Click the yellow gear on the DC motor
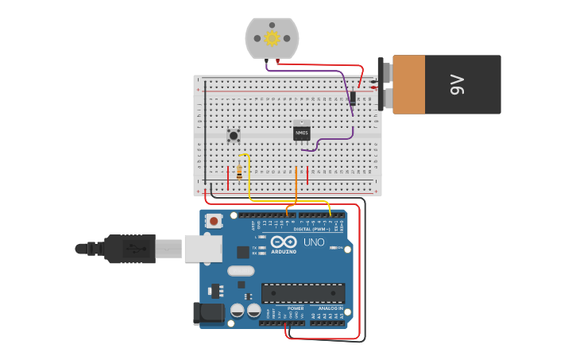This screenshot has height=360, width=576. (x=272, y=38)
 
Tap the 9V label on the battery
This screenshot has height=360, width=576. (x=456, y=84)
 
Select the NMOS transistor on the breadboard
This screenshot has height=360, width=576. (x=301, y=132)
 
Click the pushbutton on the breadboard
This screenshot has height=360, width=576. (x=234, y=136)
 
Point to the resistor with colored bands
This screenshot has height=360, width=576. (x=239, y=172)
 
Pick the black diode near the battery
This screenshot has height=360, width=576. (x=352, y=98)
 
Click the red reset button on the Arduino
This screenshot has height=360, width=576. (x=213, y=221)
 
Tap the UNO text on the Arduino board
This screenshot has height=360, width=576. (x=314, y=242)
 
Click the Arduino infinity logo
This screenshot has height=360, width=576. (x=284, y=242)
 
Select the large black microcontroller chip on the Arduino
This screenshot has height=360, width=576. (x=303, y=293)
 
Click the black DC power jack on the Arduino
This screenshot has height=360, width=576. (x=209, y=312)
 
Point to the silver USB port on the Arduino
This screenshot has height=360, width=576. (x=203, y=248)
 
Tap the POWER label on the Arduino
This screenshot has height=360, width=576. (x=296, y=308)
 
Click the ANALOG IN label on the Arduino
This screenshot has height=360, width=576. (x=331, y=308)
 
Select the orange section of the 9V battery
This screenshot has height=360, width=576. (x=409, y=84)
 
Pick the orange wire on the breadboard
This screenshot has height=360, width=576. (x=296, y=187)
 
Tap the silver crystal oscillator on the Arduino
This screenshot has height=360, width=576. (x=241, y=271)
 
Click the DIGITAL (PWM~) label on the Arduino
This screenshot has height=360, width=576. (x=312, y=229)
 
